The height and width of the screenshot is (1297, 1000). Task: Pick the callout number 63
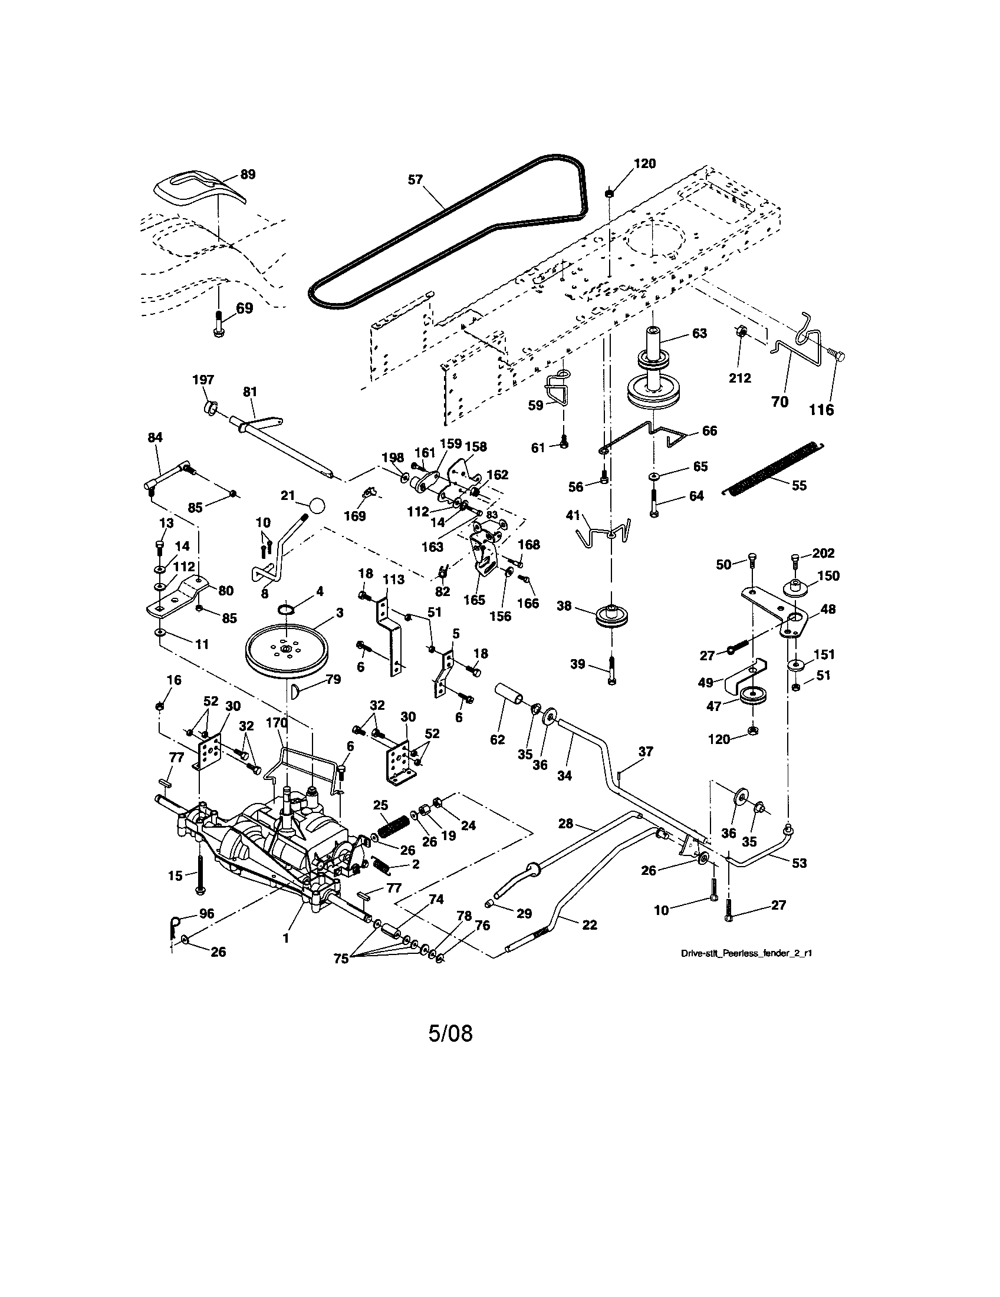tap(699, 333)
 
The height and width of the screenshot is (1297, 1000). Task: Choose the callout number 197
tap(203, 380)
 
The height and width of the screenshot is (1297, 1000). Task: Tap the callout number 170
tap(277, 723)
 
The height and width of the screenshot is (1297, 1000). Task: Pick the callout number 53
tap(800, 863)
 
